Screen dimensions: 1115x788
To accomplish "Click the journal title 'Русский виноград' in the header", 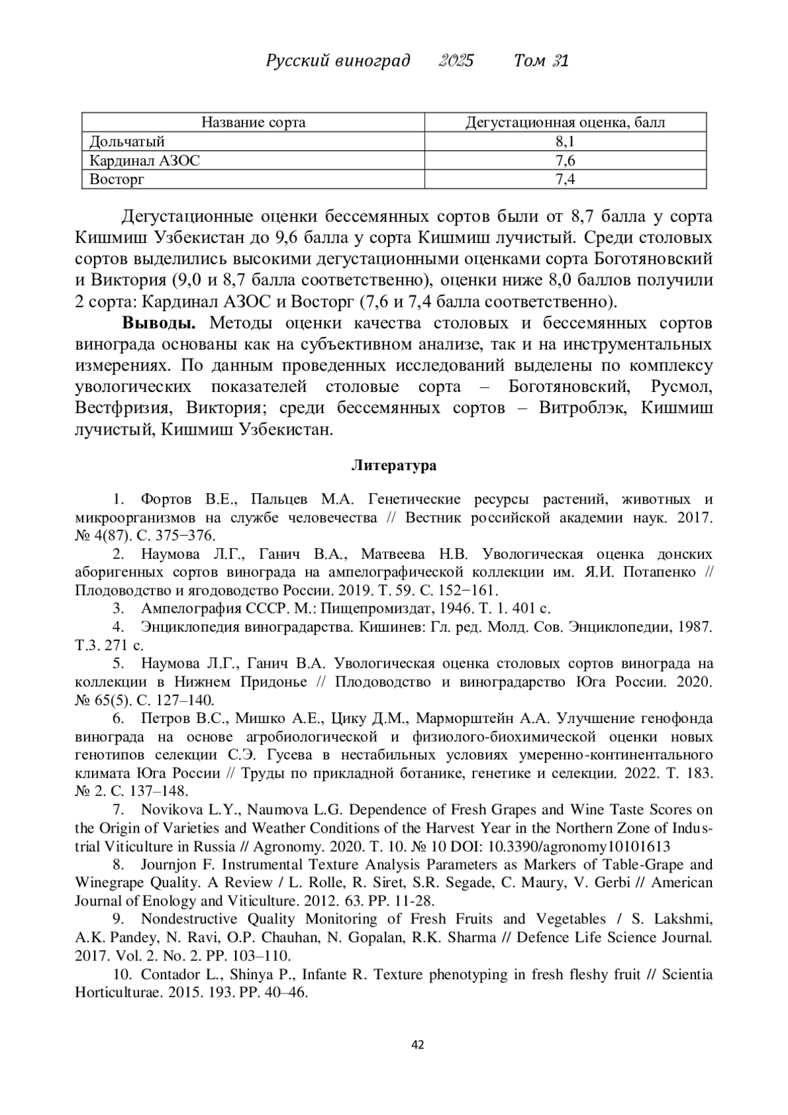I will (x=338, y=61).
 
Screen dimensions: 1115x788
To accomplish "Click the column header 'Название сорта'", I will (x=253, y=123).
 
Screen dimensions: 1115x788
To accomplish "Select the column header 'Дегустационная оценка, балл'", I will (x=565, y=123).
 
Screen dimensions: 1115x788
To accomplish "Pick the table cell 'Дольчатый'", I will (x=127, y=142).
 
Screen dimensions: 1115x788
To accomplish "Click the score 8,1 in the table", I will (x=565, y=142).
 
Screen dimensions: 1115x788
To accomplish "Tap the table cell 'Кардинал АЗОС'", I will (x=144, y=161).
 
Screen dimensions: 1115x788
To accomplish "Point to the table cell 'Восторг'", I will (x=116, y=179).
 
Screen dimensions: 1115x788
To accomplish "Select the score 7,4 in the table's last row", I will (x=565, y=179).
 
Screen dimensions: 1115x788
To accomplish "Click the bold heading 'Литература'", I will (x=394, y=466).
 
